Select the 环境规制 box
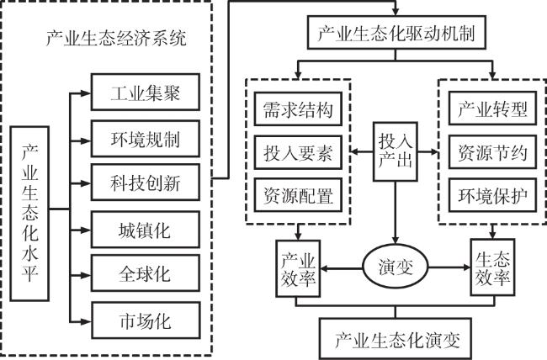coord(145,135)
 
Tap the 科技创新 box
coord(145,181)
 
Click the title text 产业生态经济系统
coord(115,38)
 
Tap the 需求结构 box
coord(295,109)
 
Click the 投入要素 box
coord(295,154)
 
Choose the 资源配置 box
coord(295,199)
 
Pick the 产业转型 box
coord(492,109)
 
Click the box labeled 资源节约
coord(492,154)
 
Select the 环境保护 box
coord(492,199)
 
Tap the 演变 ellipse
coord(396,269)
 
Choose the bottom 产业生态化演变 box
coord(396,338)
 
